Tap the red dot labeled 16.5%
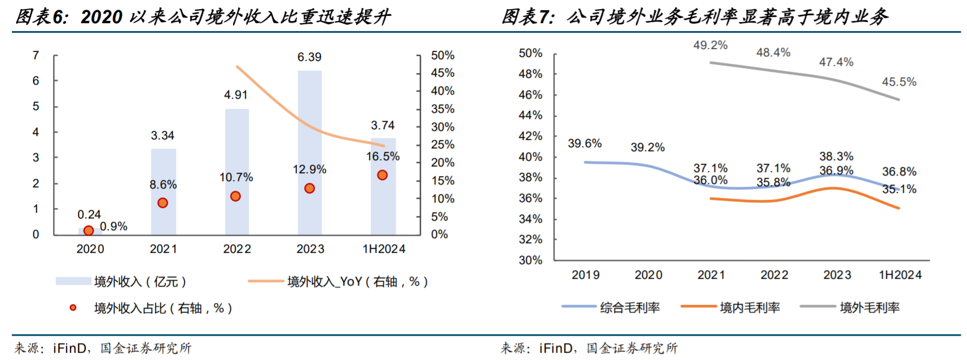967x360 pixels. (x=383, y=175)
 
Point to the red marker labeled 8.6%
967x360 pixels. (x=162, y=203)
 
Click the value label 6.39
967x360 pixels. (x=309, y=57)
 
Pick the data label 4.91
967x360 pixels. (x=236, y=95)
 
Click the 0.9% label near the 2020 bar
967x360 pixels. (x=114, y=226)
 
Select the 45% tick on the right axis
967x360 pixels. (x=442, y=73)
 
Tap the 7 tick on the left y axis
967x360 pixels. (x=36, y=55)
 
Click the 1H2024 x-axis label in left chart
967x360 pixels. (x=384, y=249)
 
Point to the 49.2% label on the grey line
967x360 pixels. (x=710, y=45)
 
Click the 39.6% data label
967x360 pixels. (x=584, y=143)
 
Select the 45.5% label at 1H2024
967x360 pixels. (x=899, y=82)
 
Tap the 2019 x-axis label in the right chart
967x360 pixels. (x=586, y=275)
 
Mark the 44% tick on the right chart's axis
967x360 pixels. (x=530, y=115)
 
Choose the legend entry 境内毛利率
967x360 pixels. (x=750, y=308)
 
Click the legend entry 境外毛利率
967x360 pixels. (x=869, y=308)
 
